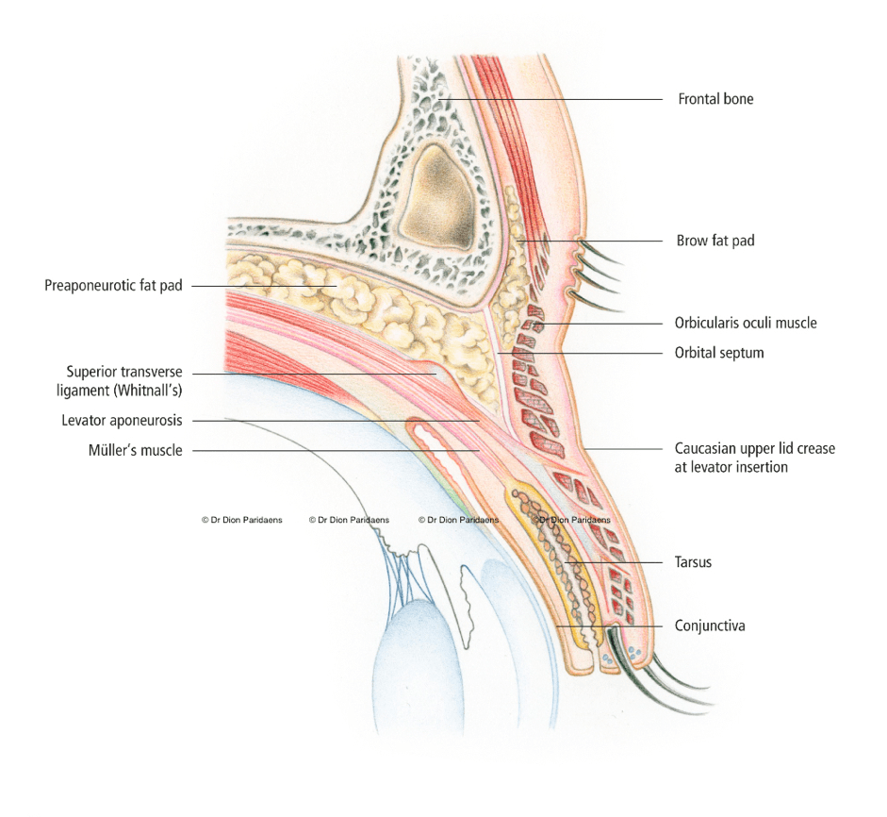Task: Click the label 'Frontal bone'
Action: click(x=715, y=99)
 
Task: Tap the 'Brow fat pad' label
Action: click(x=715, y=241)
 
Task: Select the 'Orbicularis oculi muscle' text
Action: click(x=746, y=323)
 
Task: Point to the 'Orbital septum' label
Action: click(x=719, y=353)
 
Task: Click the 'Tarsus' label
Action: click(x=693, y=561)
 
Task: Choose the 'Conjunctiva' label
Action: click(x=710, y=625)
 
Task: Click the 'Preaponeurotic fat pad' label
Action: click(x=113, y=285)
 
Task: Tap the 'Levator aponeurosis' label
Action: click(x=122, y=420)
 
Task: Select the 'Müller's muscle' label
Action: click(x=135, y=450)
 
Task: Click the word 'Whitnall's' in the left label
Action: click(x=151, y=390)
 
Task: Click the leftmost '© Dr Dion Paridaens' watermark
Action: click(x=242, y=520)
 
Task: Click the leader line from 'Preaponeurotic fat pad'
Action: click(x=264, y=285)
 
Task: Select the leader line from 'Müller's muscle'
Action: click(x=330, y=451)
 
